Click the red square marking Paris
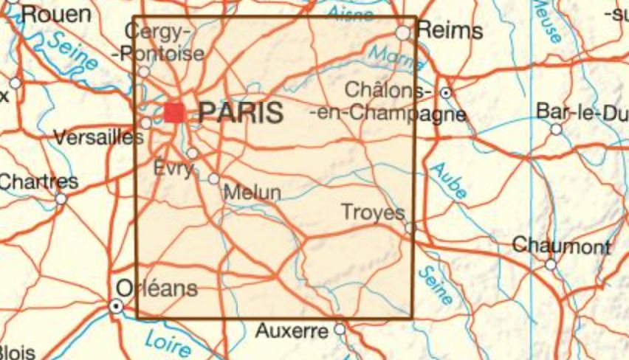coord(174,112)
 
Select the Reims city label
coord(450,31)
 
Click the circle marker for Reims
coord(402,33)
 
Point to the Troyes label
coord(374,212)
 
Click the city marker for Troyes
coord(410,229)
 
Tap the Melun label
coord(252,193)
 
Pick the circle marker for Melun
coord(213,179)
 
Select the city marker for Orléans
coord(116,305)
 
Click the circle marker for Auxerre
coord(340,329)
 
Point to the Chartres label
coord(38,181)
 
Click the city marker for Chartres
coord(61,198)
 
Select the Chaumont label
coord(561,246)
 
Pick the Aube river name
coord(448,180)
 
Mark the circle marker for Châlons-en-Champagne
coord(446,93)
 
